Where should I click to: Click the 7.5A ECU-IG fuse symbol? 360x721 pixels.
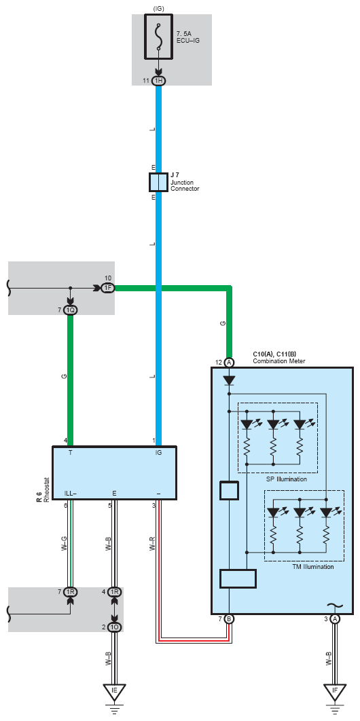click(159, 37)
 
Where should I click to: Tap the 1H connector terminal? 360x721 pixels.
click(159, 81)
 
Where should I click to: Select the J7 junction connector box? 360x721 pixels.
click(159, 182)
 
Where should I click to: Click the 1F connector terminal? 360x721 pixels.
click(108, 289)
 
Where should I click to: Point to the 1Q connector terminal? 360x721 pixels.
click(71, 310)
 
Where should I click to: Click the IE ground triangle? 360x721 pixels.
click(115, 692)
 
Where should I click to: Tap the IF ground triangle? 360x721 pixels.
click(335, 692)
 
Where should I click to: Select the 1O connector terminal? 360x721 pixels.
click(115, 627)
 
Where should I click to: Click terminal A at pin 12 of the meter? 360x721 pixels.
click(229, 363)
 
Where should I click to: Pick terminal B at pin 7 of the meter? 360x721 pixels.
click(229, 619)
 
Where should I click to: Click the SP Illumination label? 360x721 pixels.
click(287, 479)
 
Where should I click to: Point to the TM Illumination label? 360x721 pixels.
click(313, 567)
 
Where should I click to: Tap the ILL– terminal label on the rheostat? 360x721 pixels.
click(71, 494)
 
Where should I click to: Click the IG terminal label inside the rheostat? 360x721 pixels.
click(159, 452)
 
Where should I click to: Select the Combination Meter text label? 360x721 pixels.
click(279, 361)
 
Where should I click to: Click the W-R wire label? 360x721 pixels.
click(151, 544)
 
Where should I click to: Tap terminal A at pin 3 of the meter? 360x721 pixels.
click(335, 619)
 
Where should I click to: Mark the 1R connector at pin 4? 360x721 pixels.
click(115, 592)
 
